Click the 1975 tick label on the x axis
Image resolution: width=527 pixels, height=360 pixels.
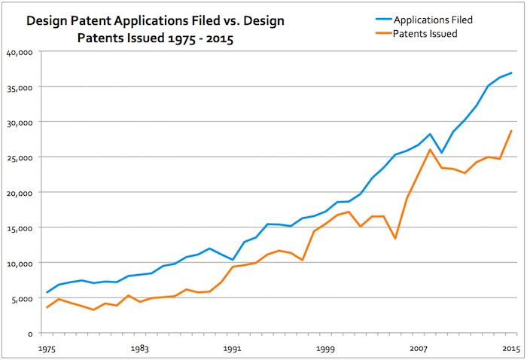coord(47,349)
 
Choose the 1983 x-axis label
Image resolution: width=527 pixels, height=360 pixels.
coord(139,349)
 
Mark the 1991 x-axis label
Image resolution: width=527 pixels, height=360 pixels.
coord(232,349)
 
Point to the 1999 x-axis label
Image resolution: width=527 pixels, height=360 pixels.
coord(325,349)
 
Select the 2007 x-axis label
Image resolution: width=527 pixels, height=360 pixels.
coord(419,349)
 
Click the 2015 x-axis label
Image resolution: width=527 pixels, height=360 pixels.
coord(511,349)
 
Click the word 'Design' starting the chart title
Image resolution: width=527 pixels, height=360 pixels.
coord(47,22)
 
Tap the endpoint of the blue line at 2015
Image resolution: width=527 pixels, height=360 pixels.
coord(511,73)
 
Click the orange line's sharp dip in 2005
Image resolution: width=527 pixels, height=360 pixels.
coord(395,238)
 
